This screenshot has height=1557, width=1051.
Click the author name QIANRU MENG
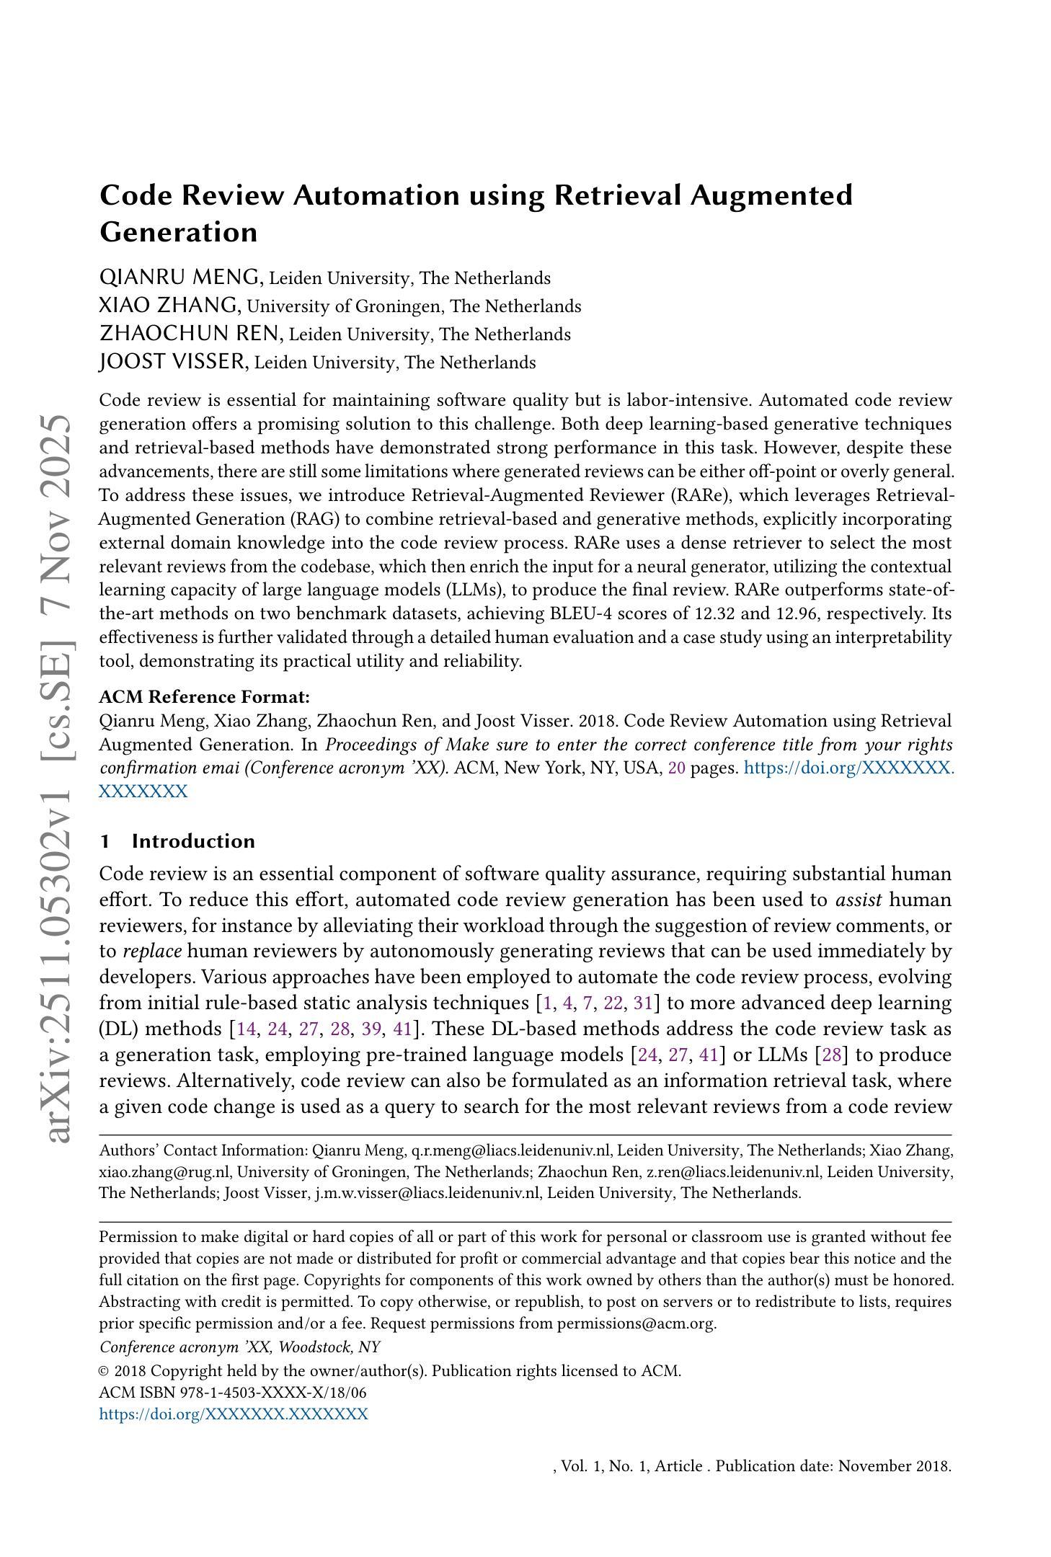tap(180, 277)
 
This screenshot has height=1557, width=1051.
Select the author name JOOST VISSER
tap(173, 361)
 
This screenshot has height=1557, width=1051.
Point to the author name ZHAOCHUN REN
tap(191, 333)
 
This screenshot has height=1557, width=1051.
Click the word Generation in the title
tap(178, 232)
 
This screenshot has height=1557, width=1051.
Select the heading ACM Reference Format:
tap(204, 697)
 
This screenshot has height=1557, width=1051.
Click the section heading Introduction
tap(193, 841)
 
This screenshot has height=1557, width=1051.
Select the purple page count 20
tap(676, 768)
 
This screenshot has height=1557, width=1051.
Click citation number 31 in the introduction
tap(642, 1003)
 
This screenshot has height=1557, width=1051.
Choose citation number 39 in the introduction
tap(371, 1029)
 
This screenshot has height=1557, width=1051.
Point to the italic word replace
tap(152, 951)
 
